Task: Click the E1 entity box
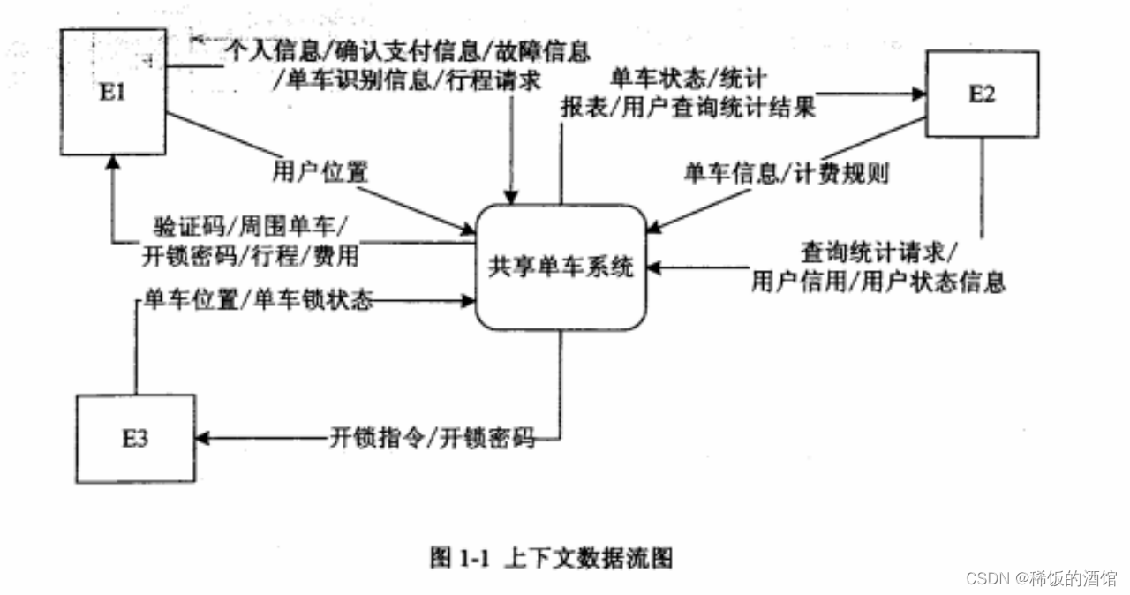(x=112, y=92)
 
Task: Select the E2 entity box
(x=981, y=94)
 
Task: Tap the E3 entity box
(x=134, y=439)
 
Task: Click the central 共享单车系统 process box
(x=561, y=267)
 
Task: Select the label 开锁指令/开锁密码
(x=433, y=438)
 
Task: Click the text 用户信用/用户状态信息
(x=878, y=282)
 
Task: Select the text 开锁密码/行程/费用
(x=251, y=256)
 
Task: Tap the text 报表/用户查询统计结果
(x=688, y=108)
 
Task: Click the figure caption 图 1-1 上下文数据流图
(x=553, y=558)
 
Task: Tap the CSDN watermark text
(x=1043, y=578)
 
